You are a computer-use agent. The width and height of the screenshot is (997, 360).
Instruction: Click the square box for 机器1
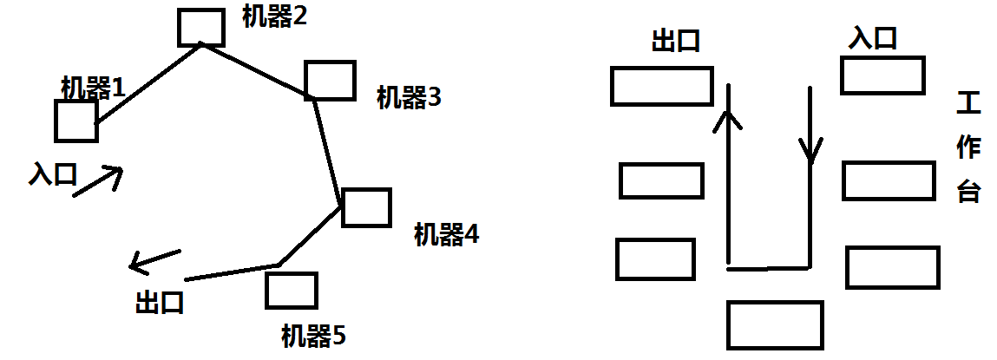tap(75, 121)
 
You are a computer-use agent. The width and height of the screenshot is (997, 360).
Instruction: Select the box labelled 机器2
tap(201, 27)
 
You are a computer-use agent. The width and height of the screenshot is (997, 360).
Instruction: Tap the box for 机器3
tap(330, 80)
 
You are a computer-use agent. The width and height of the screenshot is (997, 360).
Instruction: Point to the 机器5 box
tap(291, 291)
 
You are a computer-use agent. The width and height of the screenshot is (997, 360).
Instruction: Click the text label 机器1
tap(93, 87)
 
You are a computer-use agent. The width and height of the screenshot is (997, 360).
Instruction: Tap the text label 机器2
tap(274, 16)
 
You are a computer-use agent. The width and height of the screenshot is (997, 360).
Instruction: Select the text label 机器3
tap(409, 97)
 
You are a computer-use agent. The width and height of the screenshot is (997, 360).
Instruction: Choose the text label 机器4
tap(446, 234)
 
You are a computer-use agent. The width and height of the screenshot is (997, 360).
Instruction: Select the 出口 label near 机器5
tap(160, 304)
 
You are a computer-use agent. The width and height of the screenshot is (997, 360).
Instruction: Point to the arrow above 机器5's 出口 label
tap(154, 259)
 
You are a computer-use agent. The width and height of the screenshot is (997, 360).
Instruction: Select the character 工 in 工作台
tap(967, 106)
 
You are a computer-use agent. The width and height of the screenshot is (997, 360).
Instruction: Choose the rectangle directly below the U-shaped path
tap(775, 324)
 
